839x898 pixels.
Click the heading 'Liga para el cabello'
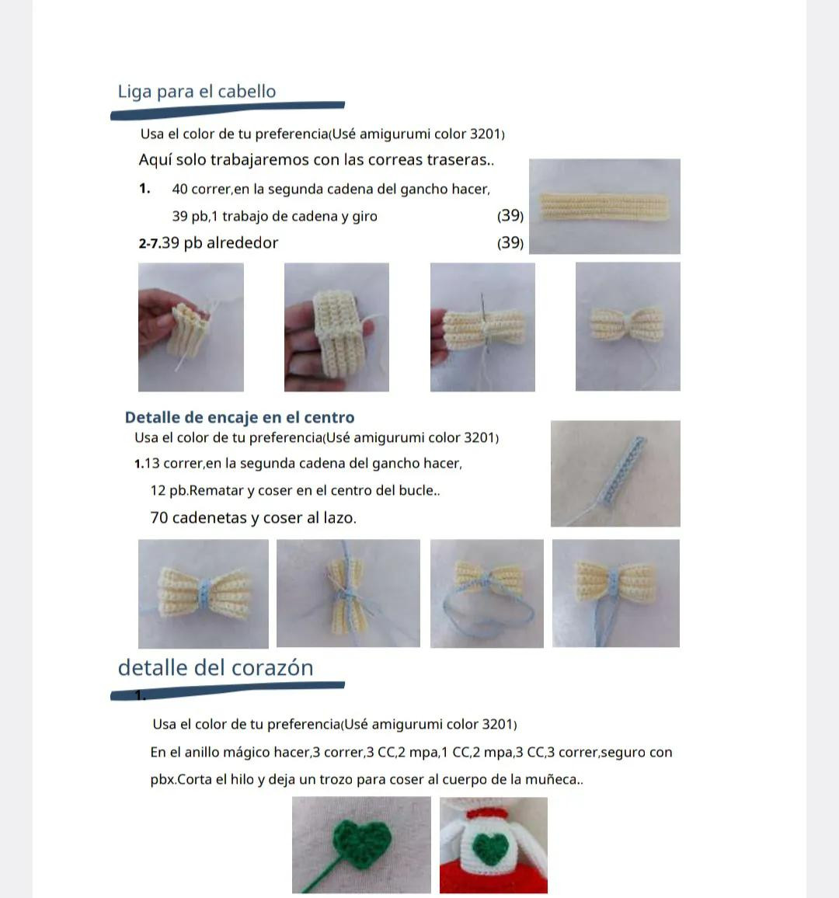click(x=197, y=92)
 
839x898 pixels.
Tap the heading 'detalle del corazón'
click(x=215, y=668)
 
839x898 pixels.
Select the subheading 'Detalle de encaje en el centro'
click(x=239, y=417)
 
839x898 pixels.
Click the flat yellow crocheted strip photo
click(x=604, y=206)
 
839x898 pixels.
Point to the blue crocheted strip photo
click(x=615, y=474)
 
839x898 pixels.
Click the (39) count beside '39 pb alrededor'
click(x=510, y=243)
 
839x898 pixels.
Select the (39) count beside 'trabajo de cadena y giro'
click(x=510, y=215)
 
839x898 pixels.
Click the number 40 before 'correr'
click(x=179, y=189)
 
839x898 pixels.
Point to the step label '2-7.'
click(x=149, y=244)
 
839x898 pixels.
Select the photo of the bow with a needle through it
click(x=482, y=327)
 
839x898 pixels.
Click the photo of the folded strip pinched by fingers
click(x=190, y=327)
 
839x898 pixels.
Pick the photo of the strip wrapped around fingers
click(x=336, y=327)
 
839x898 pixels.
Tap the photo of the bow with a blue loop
click(x=487, y=593)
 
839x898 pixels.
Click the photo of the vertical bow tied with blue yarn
click(x=348, y=593)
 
